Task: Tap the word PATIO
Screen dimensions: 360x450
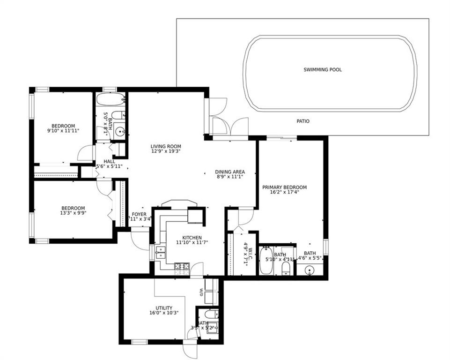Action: [303, 121]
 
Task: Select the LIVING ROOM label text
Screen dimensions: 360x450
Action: [166, 146]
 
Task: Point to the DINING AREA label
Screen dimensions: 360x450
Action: [229, 172]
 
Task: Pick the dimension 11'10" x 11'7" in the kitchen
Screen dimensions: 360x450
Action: [192, 242]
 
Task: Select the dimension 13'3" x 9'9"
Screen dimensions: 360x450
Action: [73, 213]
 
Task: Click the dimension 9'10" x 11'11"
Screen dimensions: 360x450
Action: [63, 131]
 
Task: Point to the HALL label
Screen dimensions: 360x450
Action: [109, 162]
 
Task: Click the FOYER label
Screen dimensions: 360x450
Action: [139, 214]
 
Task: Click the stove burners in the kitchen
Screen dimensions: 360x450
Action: [181, 266]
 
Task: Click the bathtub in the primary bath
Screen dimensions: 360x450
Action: [266, 261]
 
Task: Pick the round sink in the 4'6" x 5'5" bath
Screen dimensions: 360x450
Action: [309, 270]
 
